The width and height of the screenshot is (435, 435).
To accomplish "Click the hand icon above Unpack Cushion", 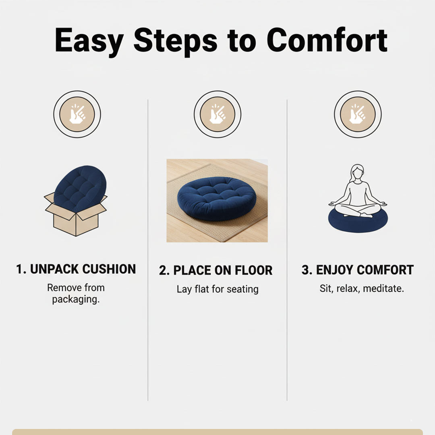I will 77,114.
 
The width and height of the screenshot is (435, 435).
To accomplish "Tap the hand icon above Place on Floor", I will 217,114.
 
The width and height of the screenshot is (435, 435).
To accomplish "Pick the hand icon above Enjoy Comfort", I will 357,114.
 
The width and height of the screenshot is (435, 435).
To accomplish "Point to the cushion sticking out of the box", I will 81,188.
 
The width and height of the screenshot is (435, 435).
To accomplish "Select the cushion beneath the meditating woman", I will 357,222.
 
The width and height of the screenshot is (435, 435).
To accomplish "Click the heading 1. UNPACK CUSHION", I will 76,269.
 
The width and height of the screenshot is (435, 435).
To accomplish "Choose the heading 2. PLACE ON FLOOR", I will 216,271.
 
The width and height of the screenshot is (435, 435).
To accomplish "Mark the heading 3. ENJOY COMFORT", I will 357,270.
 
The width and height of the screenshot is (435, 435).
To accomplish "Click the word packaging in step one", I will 76,300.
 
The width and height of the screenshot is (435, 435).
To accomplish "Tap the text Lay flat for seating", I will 217,289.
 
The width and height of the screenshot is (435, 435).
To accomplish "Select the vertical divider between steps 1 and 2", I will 148,250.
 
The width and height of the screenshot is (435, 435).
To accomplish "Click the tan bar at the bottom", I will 217,432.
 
